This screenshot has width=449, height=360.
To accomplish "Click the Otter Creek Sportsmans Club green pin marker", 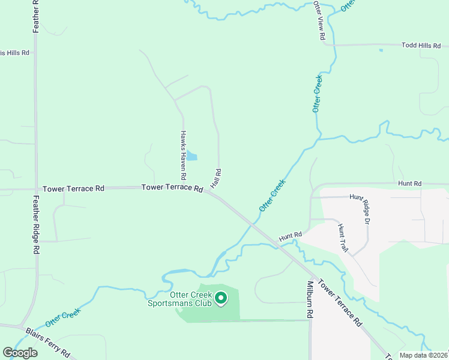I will [x=221, y=297].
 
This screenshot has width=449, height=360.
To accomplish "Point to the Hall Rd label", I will [x=217, y=179].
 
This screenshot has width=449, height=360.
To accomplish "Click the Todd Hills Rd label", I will [x=421, y=45].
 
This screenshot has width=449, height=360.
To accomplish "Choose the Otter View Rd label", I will [x=320, y=20].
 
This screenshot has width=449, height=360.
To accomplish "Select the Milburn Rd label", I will [x=310, y=299].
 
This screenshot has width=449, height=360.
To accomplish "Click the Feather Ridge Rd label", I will [x=36, y=223].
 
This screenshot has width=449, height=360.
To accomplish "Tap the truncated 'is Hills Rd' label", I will [x=14, y=53].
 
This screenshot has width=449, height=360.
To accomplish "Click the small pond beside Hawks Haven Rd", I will [x=191, y=156].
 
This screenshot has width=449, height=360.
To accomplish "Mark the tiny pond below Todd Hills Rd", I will [x=381, y=50].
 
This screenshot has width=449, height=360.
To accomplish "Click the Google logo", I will [x=20, y=352].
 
